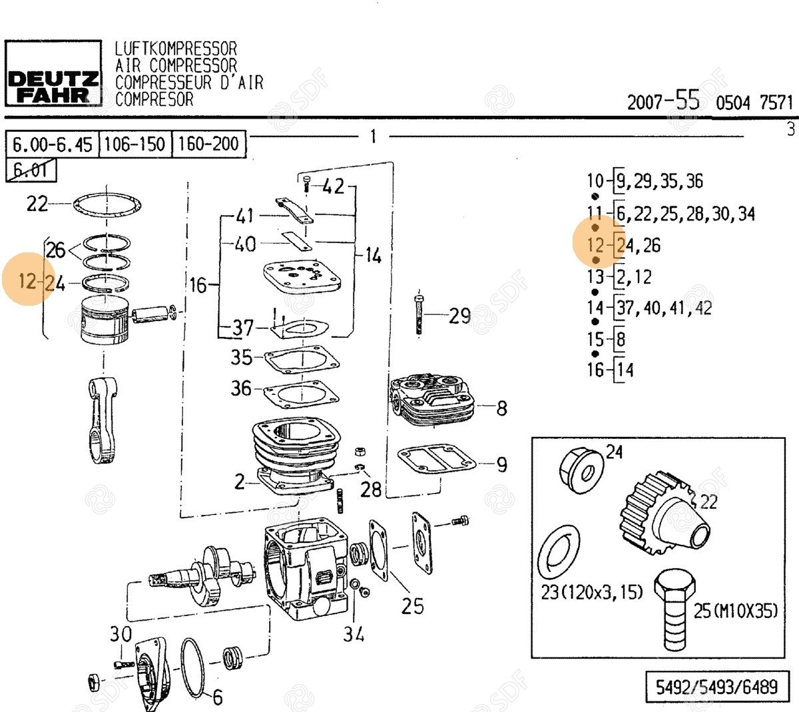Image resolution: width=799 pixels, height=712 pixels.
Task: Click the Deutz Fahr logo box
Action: click(53, 73)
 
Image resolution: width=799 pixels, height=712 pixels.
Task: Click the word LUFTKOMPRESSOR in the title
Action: click(176, 49)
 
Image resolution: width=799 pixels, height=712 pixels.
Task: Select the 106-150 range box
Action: click(135, 144)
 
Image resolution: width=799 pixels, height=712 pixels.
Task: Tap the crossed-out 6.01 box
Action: click(31, 170)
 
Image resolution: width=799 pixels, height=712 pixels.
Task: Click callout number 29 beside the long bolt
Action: click(459, 316)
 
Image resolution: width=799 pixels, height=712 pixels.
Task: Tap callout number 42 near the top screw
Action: click(333, 186)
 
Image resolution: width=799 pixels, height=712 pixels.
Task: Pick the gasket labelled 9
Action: click(437, 460)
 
